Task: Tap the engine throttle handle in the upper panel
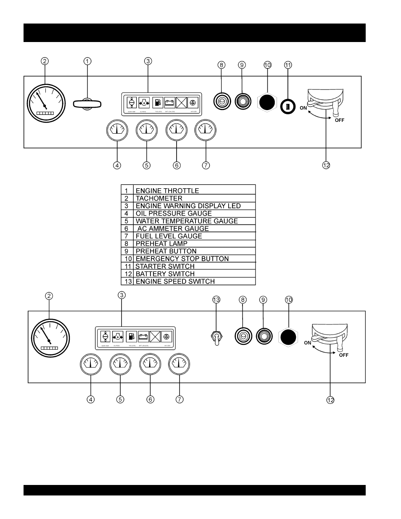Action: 87,103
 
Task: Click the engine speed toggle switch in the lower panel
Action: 216,337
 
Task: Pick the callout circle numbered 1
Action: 87,61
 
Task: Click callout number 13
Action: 216,300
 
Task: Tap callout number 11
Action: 288,65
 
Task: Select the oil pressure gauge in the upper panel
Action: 117,130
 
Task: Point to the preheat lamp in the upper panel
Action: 222,101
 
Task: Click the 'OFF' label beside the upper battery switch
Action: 339,120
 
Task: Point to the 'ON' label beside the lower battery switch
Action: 308,343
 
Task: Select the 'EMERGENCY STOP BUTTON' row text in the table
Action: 182,259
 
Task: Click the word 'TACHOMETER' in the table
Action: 159,198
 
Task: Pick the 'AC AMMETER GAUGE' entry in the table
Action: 173,229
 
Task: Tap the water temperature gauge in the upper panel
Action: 146,130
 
